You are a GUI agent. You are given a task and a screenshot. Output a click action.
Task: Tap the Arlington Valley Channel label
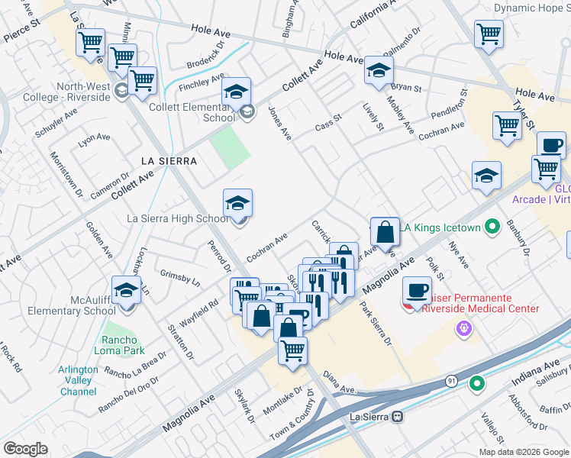pos(77,380)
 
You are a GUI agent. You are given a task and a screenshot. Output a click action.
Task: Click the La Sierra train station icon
pos(396,417)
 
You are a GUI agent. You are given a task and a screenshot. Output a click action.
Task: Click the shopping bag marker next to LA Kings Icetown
pos(385,231)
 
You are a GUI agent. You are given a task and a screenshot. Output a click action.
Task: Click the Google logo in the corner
pos(25,449)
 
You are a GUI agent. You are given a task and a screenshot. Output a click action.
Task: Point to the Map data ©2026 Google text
pos(523,452)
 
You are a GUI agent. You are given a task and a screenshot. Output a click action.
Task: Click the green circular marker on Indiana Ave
pos(477,384)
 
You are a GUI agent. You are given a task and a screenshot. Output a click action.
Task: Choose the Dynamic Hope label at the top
pos(531,8)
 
